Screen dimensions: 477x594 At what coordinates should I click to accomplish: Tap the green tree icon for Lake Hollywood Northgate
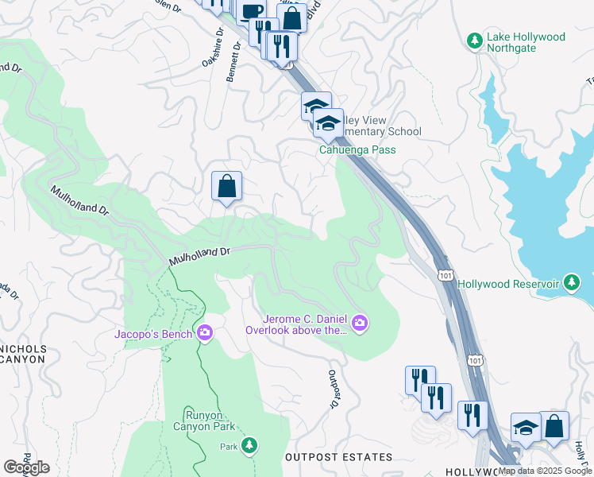(475, 39)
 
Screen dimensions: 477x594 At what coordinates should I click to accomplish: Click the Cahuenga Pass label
(357, 149)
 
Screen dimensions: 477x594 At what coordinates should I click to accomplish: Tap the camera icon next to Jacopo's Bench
(205, 333)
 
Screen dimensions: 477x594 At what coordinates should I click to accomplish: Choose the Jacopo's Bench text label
(153, 334)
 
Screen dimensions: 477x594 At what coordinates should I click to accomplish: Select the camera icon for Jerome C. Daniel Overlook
(361, 322)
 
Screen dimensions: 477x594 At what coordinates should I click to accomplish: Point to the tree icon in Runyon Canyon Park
(250, 445)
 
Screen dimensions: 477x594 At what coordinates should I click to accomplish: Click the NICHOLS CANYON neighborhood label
(24, 354)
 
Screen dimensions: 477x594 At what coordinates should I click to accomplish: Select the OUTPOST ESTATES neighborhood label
(339, 457)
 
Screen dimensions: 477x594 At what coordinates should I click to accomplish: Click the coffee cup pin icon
(252, 14)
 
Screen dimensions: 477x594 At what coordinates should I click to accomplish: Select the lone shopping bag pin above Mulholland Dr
(226, 187)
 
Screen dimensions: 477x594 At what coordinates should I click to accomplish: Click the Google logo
(26, 467)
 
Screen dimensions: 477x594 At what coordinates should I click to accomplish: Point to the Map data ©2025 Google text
(544, 471)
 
